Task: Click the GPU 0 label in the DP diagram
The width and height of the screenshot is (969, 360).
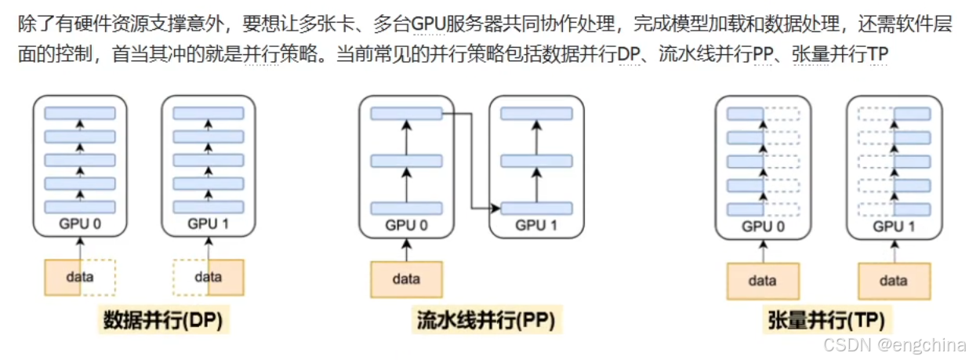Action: tap(80, 224)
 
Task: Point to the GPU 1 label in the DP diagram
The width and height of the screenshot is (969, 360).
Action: tap(208, 224)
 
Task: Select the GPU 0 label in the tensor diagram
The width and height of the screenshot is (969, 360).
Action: tap(763, 227)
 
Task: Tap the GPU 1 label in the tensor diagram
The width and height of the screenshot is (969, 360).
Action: tap(894, 227)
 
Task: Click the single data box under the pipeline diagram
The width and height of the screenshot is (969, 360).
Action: tap(406, 279)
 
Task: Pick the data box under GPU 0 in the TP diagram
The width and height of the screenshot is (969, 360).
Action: tap(763, 281)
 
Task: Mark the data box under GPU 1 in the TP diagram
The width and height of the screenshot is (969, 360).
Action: tap(894, 281)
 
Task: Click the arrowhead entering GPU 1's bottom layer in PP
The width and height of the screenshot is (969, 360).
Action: tap(496, 209)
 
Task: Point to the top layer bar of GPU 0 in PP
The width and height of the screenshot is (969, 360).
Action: tap(406, 115)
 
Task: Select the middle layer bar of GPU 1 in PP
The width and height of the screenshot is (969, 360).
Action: tap(536, 161)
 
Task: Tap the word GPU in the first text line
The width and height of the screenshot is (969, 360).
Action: tap(428, 24)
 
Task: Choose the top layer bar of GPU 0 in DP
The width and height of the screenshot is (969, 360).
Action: tap(80, 112)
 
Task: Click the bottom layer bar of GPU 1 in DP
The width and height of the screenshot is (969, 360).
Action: tap(208, 207)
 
